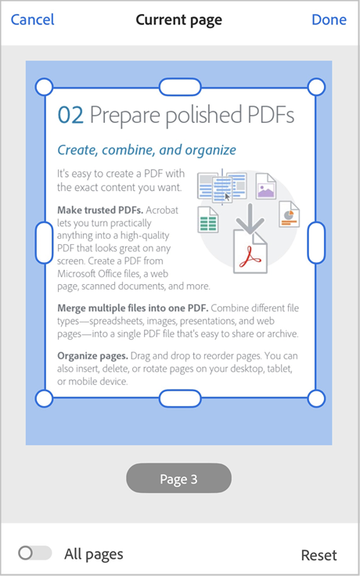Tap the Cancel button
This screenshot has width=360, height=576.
[x=32, y=20]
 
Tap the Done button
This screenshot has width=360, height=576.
[x=329, y=20]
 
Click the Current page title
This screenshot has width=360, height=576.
[x=178, y=20]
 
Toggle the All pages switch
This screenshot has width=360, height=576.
[x=34, y=553]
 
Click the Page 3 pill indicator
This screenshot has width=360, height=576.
[x=178, y=479]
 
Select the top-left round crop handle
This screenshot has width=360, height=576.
[x=45, y=86]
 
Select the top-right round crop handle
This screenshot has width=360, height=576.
[x=316, y=86]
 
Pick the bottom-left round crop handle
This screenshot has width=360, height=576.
[x=45, y=398]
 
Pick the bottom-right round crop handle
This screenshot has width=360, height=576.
[x=316, y=398]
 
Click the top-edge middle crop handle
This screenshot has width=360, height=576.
[x=180, y=86]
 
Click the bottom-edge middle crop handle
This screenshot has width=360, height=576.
[x=180, y=398]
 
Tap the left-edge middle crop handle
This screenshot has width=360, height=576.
[x=45, y=242]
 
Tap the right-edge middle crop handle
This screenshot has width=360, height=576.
[x=316, y=242]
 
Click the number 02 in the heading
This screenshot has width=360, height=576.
[x=70, y=116]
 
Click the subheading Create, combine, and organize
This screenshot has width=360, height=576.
[x=146, y=149]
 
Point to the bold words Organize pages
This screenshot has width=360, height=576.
[x=86, y=355]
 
